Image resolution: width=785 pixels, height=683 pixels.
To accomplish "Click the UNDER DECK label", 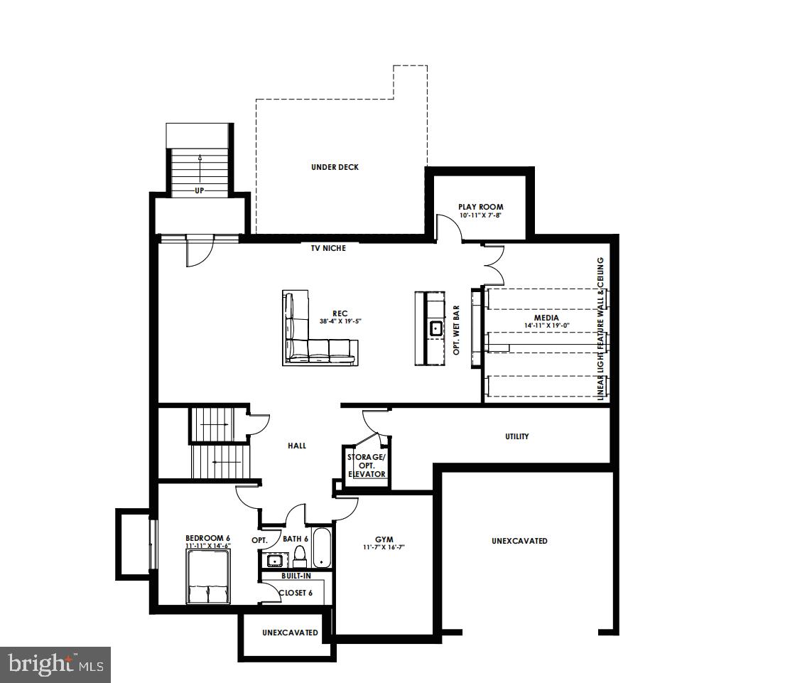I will tap(335, 168).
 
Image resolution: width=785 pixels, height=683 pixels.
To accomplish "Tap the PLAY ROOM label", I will tap(480, 207).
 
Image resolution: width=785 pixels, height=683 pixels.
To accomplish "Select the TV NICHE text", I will tap(327, 248).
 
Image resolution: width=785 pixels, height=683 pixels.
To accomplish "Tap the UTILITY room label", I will tap(516, 436).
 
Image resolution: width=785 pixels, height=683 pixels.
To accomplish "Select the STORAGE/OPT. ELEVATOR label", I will tap(367, 465).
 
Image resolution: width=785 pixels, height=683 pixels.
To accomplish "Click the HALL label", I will tap(296, 446).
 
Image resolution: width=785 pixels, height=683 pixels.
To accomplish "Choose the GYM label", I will tap(384, 539).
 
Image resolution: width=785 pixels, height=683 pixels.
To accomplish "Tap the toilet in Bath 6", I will tap(300, 554).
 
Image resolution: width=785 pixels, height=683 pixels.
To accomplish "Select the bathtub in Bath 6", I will tap(322, 548).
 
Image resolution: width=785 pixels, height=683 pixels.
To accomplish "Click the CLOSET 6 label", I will tap(295, 592).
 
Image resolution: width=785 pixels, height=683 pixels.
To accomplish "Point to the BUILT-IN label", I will tap(296, 576).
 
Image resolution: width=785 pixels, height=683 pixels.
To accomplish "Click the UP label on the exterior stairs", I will tap(200, 190).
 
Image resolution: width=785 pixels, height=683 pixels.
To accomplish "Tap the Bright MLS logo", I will tap(55, 665).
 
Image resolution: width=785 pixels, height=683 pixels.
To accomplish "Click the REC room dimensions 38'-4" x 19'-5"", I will tap(341, 321).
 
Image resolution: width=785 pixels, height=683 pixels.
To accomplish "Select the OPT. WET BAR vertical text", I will tap(457, 330).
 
